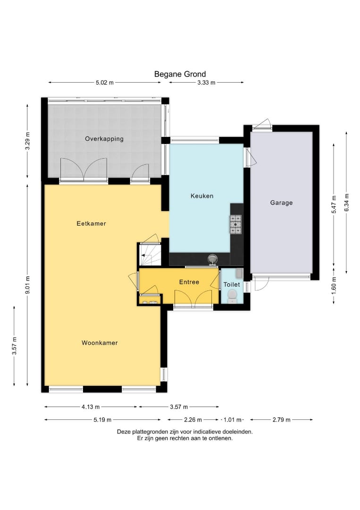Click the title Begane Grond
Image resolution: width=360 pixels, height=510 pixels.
click(x=180, y=74)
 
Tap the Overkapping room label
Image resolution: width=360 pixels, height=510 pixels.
click(x=104, y=139)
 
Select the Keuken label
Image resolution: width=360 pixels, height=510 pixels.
click(x=202, y=196)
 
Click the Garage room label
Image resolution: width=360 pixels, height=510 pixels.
click(x=281, y=203)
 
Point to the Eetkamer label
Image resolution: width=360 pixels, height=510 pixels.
click(x=91, y=223)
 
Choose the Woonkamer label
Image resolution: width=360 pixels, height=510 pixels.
click(x=99, y=343)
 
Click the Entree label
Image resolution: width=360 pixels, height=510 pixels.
click(x=189, y=282)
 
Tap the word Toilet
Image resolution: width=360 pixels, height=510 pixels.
click(x=232, y=285)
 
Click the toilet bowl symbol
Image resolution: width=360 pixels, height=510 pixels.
click(x=232, y=296)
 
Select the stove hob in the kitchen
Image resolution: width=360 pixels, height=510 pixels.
click(x=235, y=224)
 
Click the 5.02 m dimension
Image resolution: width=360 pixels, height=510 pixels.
click(x=104, y=83)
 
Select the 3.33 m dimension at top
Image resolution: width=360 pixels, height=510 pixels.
click(x=206, y=83)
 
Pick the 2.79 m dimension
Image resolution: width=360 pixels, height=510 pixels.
click(x=281, y=419)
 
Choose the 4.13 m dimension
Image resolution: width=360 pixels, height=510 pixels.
click(x=91, y=407)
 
